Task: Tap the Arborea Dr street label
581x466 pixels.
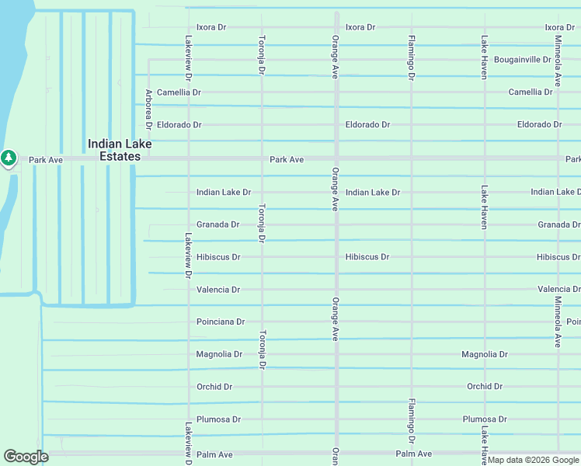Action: click(148, 109)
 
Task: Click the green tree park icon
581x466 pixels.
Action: click(9, 158)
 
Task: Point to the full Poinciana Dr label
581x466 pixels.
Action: click(220, 322)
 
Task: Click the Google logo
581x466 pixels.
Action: click(26, 457)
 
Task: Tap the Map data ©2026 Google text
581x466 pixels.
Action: click(533, 460)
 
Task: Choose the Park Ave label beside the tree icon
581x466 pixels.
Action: click(45, 160)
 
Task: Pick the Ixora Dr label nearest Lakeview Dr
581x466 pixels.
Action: click(211, 27)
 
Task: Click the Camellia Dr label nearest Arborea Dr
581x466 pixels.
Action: click(179, 92)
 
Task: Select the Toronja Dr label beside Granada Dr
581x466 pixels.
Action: click(262, 224)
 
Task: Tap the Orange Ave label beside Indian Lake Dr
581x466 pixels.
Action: click(336, 189)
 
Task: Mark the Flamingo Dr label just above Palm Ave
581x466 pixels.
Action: click(411, 419)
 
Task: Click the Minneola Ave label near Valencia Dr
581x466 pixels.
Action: click(558, 322)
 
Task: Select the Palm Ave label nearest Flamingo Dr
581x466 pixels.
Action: click(413, 454)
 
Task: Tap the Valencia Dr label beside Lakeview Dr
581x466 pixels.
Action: click(217, 290)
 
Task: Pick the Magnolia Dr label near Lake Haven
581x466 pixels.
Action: click(484, 354)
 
